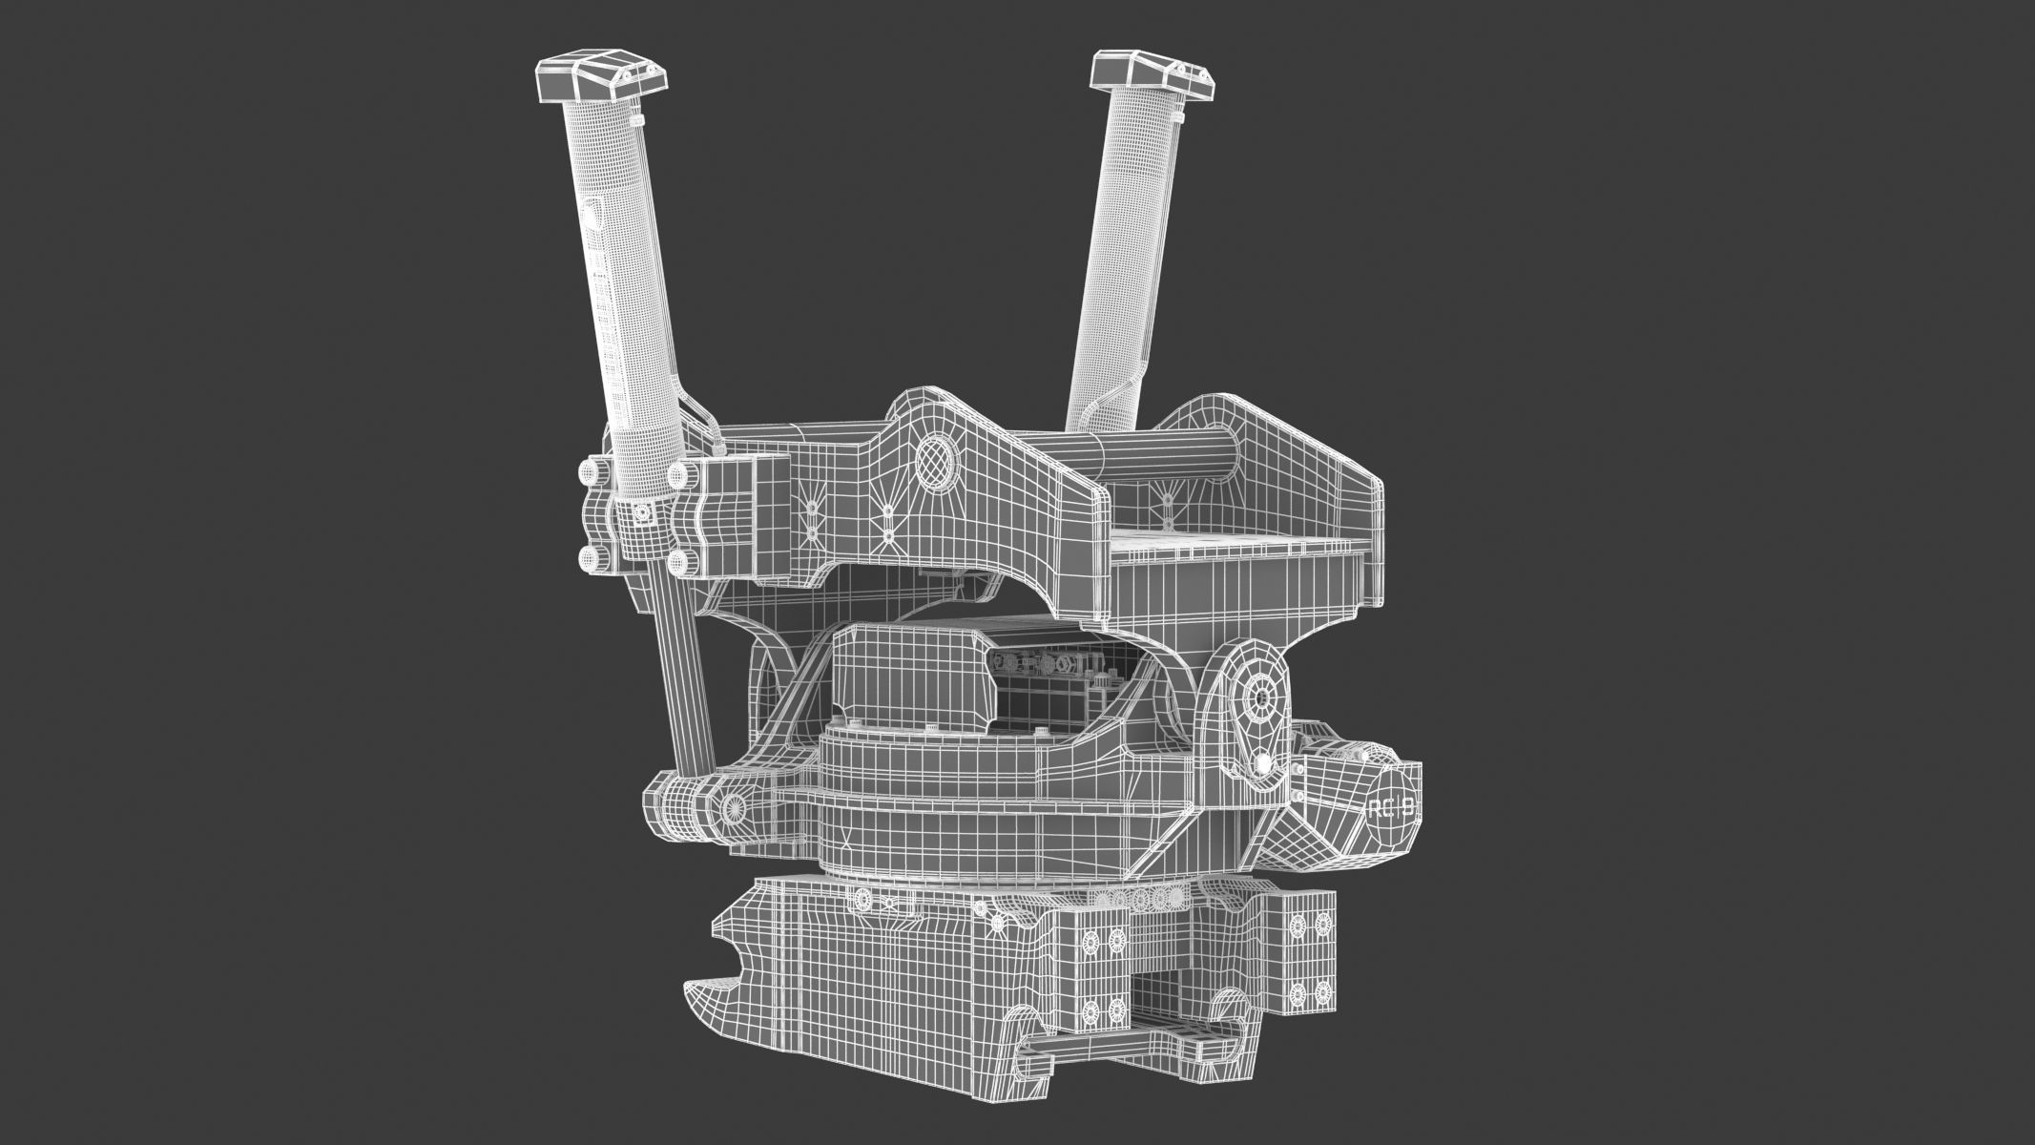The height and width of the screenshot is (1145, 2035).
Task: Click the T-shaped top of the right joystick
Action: click(1152, 76)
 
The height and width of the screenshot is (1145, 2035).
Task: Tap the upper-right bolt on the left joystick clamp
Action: click(681, 474)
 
